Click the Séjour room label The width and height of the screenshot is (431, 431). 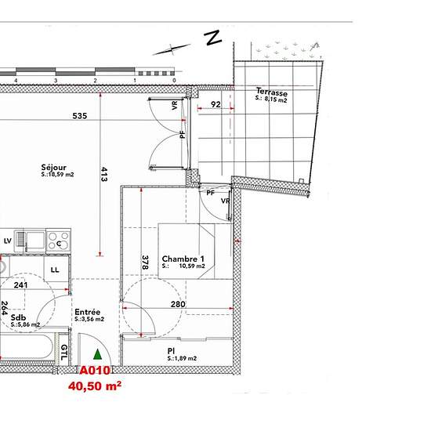(x=54, y=168)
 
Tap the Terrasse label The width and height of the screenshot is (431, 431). (x=272, y=92)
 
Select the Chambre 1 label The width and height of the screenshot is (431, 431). (x=183, y=259)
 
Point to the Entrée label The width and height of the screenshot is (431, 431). (x=88, y=312)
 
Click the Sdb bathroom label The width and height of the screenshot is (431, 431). (x=19, y=317)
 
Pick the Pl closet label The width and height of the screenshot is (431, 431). (x=171, y=351)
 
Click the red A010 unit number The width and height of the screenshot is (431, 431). (x=95, y=371)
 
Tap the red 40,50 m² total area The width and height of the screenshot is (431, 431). (x=95, y=386)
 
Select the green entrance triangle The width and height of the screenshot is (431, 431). (x=98, y=354)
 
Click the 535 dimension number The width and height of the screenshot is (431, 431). (x=80, y=116)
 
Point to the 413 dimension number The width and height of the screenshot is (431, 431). (x=104, y=174)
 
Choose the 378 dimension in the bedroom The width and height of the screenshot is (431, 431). (x=145, y=263)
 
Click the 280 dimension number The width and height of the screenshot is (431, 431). (x=178, y=304)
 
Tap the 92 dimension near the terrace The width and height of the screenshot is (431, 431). (x=215, y=104)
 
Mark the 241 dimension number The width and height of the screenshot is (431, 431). (x=21, y=285)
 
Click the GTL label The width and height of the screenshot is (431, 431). (x=63, y=353)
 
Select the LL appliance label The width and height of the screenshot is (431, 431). (x=55, y=270)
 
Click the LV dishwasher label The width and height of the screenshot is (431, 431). (x=8, y=241)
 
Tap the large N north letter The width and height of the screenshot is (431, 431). (x=213, y=38)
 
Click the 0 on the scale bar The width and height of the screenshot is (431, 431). (x=174, y=81)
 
